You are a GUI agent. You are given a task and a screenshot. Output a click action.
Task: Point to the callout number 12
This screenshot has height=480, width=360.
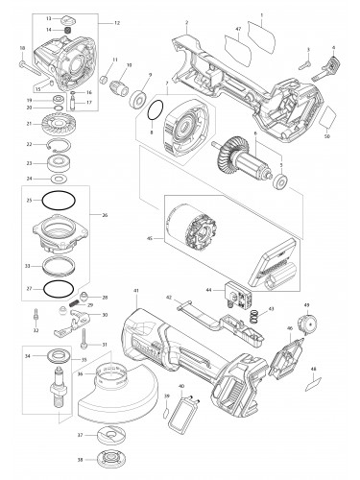[x=117, y=21]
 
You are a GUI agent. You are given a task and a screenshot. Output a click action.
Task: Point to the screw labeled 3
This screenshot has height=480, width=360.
[x=303, y=64]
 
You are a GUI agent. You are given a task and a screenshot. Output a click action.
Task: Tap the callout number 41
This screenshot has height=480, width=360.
[x=137, y=290]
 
